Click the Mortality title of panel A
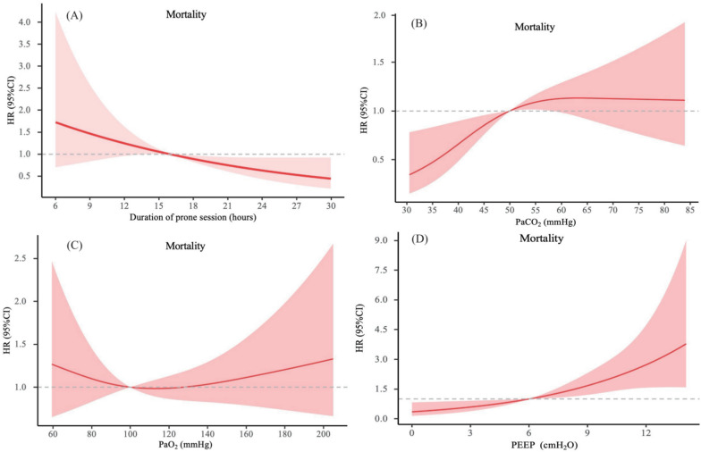[x=186, y=14]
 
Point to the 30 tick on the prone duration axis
[x=331, y=203]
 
